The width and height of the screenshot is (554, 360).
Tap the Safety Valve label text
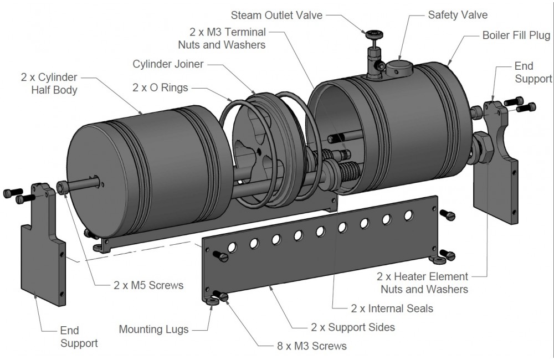coord(458,15)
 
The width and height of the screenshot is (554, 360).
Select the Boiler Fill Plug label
coord(516,36)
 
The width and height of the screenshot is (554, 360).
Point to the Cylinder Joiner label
coord(168,64)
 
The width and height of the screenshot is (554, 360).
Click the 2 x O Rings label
coord(160,88)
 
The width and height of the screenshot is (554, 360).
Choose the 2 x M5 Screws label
coord(148,286)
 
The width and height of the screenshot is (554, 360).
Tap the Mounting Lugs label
coord(153,330)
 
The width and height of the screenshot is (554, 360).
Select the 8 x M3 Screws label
coord(311,346)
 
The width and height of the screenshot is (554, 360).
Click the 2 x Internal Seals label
coord(392,308)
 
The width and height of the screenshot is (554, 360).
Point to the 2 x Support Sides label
coord(352,327)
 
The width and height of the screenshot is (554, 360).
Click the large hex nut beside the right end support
coord(484,147)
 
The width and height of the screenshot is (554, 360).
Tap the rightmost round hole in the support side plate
coord(408,214)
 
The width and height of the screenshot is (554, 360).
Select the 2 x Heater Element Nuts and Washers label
coord(422,282)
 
